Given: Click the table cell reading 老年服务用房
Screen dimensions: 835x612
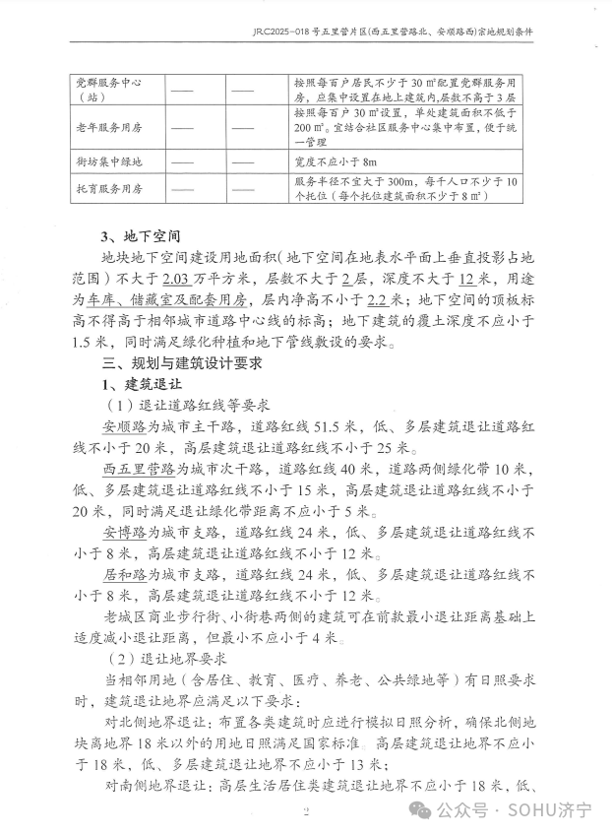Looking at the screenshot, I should coord(110,126).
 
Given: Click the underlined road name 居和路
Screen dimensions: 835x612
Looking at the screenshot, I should coord(125,574).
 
